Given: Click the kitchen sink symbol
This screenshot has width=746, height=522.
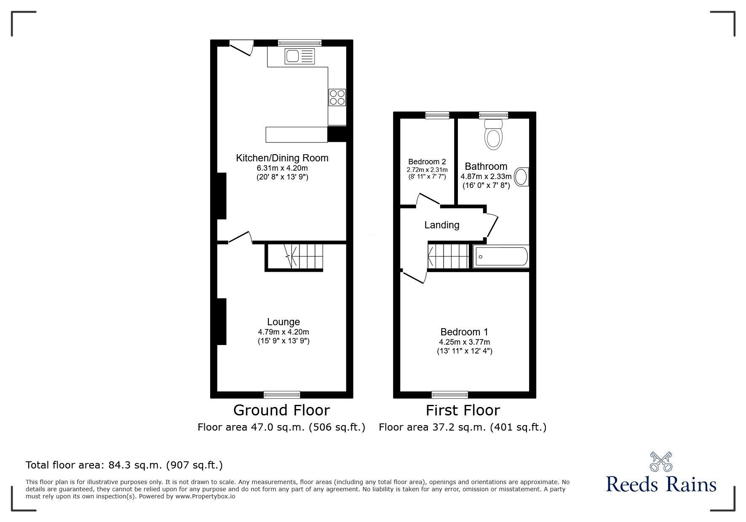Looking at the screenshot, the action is (299, 56).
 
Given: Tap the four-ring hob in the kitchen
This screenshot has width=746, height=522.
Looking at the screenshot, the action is (337, 97).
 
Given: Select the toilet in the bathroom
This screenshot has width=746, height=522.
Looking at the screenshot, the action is (494, 134).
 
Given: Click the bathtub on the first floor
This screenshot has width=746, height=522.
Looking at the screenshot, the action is (501, 257).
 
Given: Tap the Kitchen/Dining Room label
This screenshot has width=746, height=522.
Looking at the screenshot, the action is (282, 158).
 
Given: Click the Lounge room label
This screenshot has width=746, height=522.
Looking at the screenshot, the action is (283, 322).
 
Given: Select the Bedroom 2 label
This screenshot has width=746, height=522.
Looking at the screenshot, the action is (427, 162).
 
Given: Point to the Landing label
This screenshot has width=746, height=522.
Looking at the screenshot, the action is (441, 225).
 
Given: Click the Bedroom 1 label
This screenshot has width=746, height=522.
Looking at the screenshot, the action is (464, 332).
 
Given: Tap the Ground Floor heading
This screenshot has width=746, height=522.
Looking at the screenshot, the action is (281, 410).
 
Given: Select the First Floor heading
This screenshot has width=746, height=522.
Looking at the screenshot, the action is (463, 410).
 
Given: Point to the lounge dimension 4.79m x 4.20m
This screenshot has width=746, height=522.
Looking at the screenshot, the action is (283, 332).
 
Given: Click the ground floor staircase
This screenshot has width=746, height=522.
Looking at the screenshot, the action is (294, 257).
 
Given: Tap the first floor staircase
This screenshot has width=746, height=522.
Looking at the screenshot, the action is (449, 256).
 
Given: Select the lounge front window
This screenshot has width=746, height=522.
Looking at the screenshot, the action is (282, 394).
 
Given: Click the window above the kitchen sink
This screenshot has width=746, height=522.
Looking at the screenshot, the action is (299, 43).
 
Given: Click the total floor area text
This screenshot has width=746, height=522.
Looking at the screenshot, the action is (124, 465).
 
